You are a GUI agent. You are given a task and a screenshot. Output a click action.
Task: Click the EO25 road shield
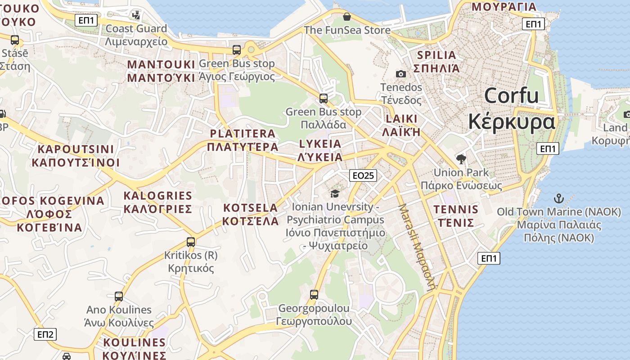pyautogui.click(x=363, y=175)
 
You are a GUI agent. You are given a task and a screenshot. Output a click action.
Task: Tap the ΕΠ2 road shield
pyautogui.click(x=45, y=334)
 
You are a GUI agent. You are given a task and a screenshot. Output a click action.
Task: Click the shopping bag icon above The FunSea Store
pyautogui.click(x=347, y=17)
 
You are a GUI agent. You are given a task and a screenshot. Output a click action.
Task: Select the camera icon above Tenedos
pyautogui.click(x=400, y=74)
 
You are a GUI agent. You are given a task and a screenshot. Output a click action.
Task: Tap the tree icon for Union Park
pyautogui.click(x=461, y=159)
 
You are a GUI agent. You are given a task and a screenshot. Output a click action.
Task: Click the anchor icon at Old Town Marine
pyautogui.click(x=558, y=198)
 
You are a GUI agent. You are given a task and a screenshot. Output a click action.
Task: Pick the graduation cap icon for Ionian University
pyautogui.click(x=335, y=193)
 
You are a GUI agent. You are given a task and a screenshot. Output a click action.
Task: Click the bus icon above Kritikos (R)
pyautogui.click(x=191, y=242)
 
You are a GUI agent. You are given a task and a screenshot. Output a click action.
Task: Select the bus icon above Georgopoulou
pyautogui.click(x=314, y=295)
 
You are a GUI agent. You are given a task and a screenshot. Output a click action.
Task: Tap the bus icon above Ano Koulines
pyautogui.click(x=119, y=297)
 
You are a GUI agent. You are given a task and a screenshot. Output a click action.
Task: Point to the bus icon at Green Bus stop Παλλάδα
pyautogui.click(x=323, y=98)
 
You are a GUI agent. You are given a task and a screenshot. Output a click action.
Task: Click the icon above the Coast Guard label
pyautogui.click(x=136, y=15)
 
